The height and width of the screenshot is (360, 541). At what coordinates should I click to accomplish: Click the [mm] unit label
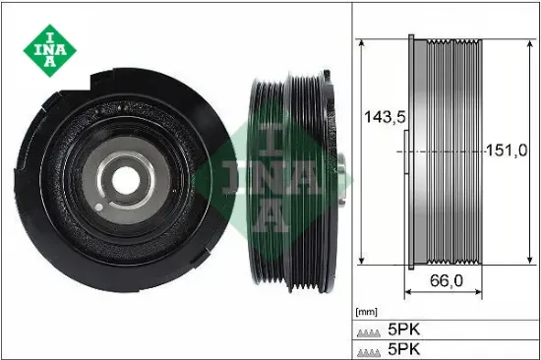click(366, 309)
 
